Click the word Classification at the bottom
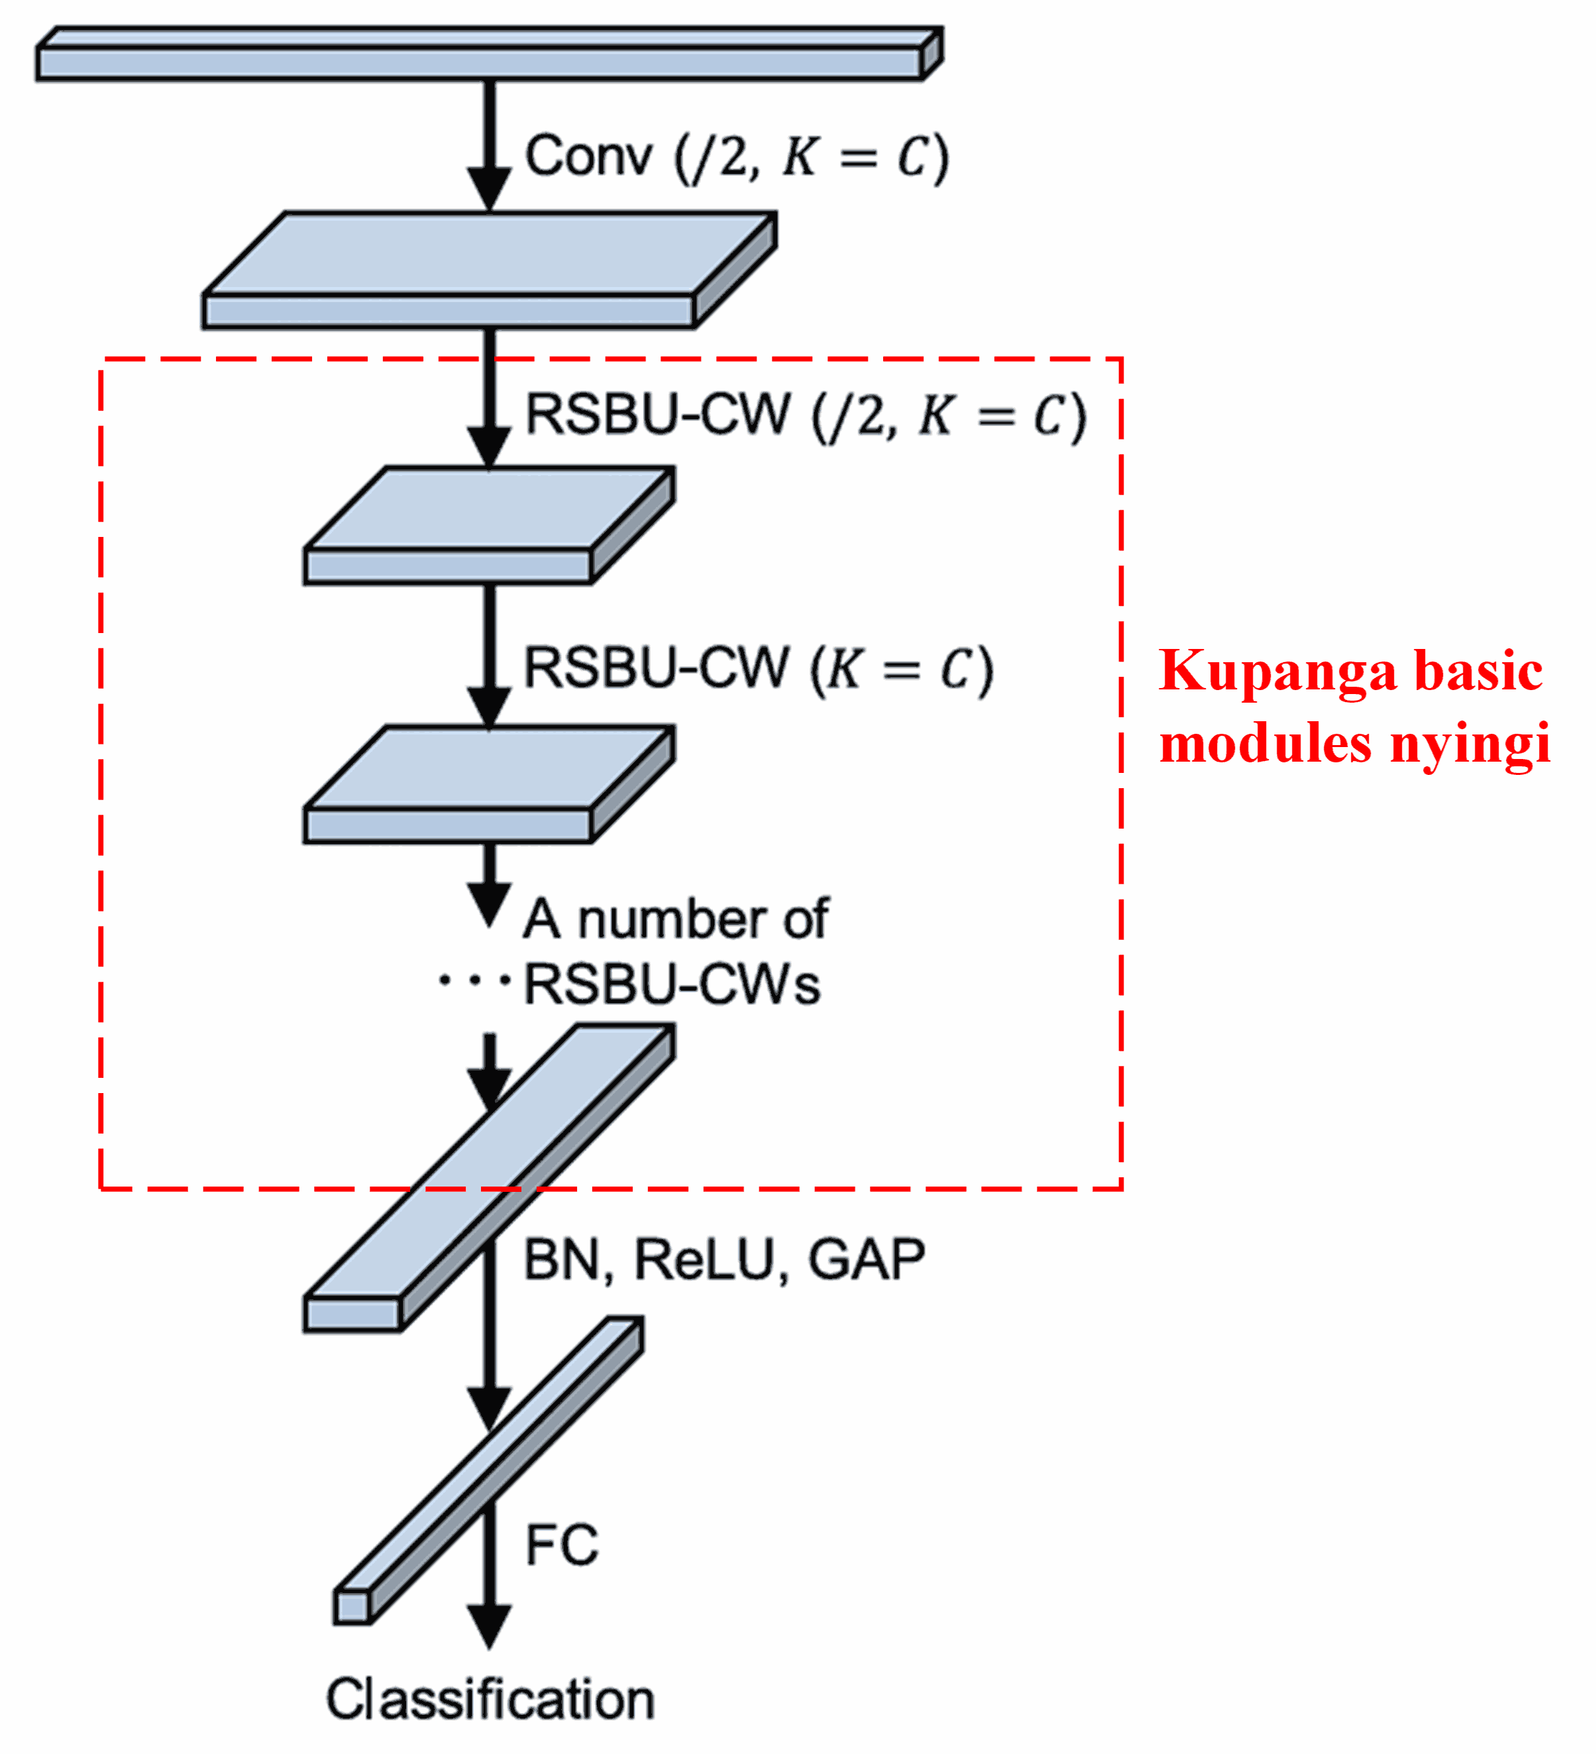click(490, 1699)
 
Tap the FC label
click(562, 1545)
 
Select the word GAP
click(867, 1259)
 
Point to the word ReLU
click(704, 1259)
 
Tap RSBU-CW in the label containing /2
click(659, 414)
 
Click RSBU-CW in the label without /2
click(656, 668)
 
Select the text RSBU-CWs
click(671, 986)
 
